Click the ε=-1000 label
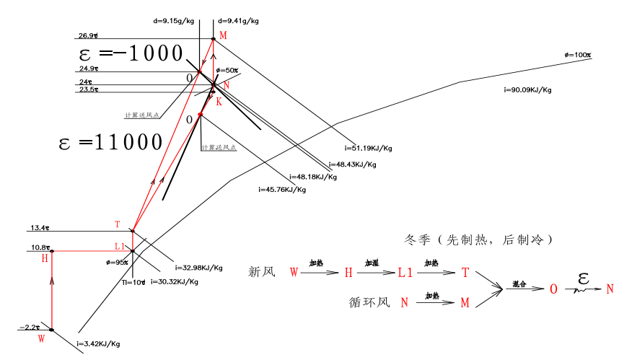click(x=131, y=53)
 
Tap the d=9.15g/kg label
click(x=174, y=21)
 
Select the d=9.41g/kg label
click(x=239, y=21)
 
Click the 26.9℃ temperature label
click(x=89, y=35)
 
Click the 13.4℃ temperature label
click(x=40, y=228)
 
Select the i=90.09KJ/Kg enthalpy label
click(x=527, y=90)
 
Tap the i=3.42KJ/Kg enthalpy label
click(x=98, y=344)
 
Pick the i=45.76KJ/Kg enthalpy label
click(x=282, y=190)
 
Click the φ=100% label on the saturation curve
click(x=578, y=55)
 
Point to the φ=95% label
click(x=118, y=263)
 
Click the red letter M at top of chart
click(x=223, y=36)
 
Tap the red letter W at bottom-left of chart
click(x=41, y=337)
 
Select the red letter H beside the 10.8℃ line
click(x=45, y=258)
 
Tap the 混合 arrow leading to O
click(x=525, y=287)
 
